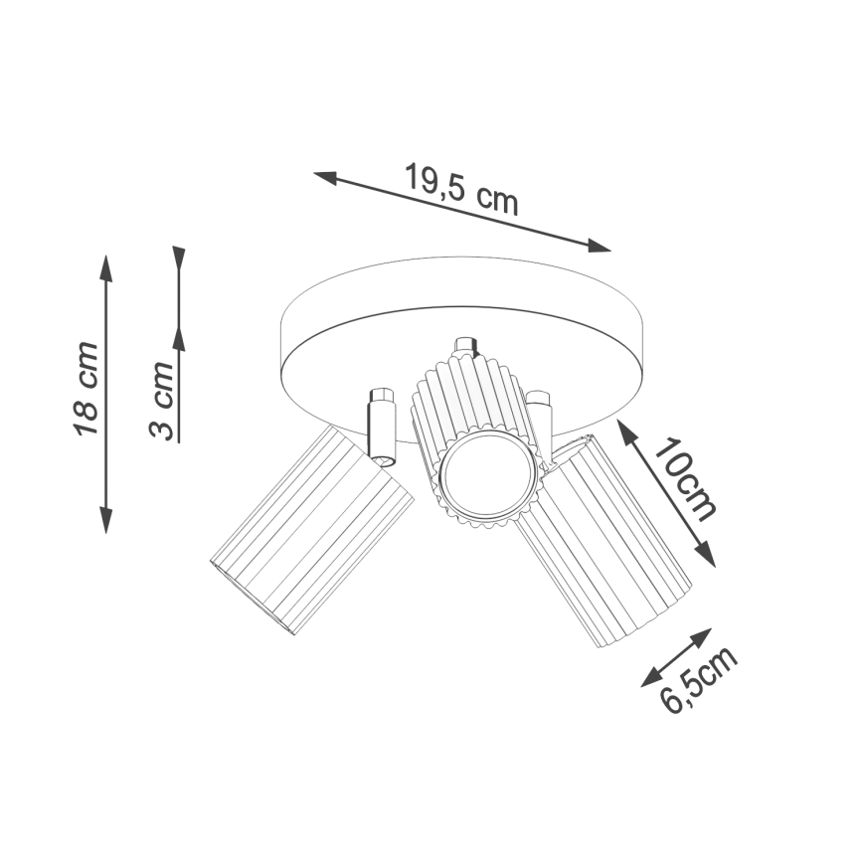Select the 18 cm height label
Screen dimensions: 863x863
tap(86, 389)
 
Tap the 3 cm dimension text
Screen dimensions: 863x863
tap(161, 402)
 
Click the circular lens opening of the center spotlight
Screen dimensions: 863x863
tap(480, 472)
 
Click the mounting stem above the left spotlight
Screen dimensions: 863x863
tap(380, 424)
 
